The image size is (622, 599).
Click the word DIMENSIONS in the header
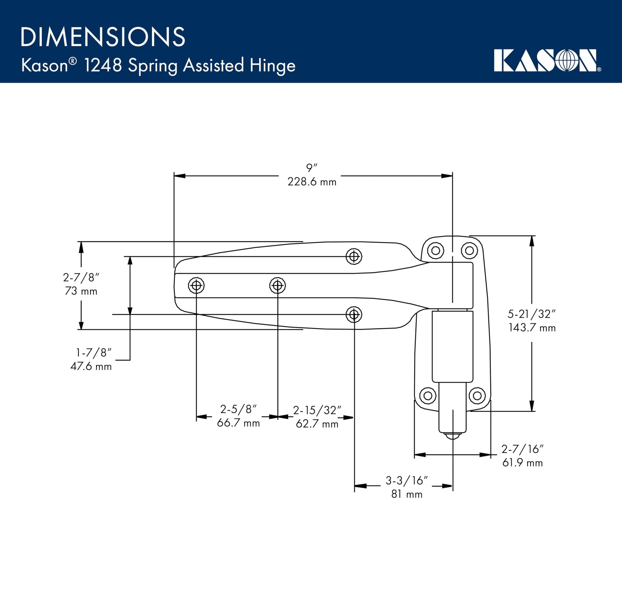103,37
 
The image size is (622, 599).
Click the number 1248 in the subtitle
103,65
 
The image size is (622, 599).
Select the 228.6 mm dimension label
312,182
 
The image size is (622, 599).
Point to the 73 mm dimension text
81,291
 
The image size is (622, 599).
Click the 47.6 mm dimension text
91,367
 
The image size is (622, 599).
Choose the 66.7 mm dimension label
238,423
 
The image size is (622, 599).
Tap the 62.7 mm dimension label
317,424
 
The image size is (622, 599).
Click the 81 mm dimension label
407,495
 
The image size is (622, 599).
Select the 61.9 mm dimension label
522,463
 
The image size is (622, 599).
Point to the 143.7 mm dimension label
532,328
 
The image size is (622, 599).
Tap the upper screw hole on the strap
354,256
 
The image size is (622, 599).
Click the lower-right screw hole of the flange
477,395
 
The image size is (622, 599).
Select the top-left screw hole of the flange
436,251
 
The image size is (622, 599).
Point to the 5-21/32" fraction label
532,314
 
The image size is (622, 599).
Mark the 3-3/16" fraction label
407,481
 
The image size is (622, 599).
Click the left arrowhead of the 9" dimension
179,176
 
